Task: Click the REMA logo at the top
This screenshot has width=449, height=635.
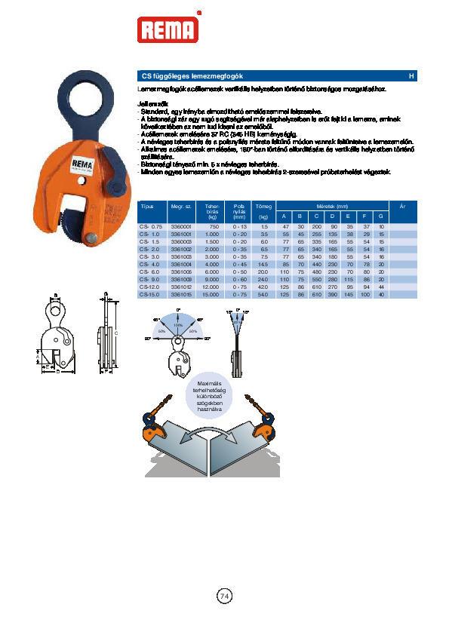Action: (168, 29)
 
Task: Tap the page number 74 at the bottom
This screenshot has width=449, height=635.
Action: (224, 596)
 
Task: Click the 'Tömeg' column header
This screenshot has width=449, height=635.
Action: (263, 206)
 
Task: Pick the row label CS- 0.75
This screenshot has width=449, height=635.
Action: (151, 227)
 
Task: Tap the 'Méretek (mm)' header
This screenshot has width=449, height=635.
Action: (332, 206)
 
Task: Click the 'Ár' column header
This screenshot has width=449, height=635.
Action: (402, 206)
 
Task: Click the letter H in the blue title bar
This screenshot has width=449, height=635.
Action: (411, 76)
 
